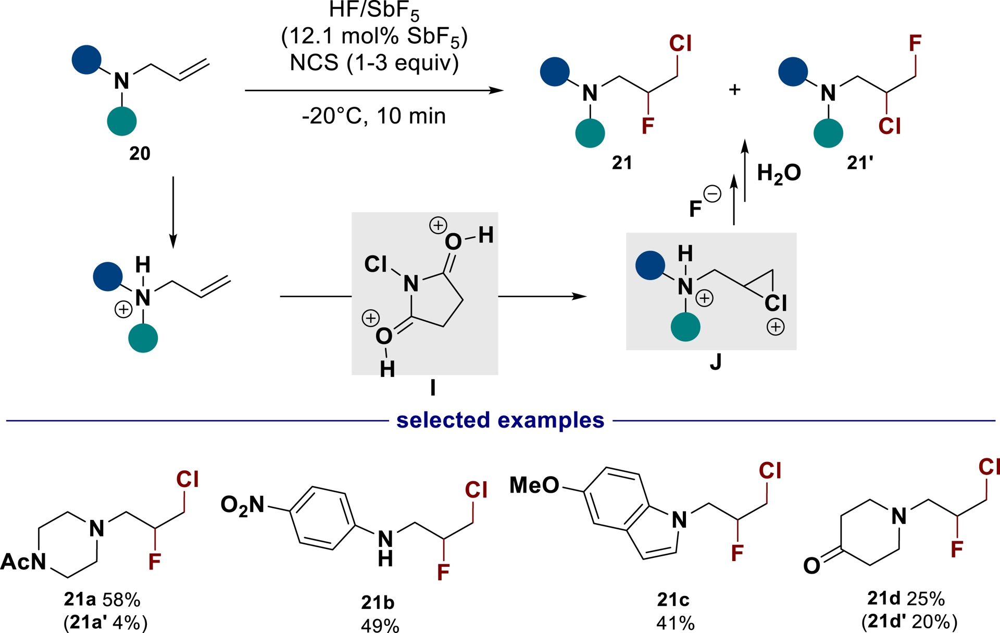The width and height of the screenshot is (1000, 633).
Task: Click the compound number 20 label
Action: [x=140, y=153]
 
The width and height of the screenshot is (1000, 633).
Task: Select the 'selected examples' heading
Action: [x=500, y=420]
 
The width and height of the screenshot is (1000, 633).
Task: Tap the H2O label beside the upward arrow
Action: [x=778, y=174]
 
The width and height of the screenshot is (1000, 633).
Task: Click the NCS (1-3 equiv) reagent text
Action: [x=374, y=63]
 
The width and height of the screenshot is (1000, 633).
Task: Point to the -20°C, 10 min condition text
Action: [x=374, y=116]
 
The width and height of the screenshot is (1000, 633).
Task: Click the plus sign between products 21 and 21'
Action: [x=734, y=90]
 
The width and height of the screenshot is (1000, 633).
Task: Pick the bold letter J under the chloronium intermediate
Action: [x=716, y=362]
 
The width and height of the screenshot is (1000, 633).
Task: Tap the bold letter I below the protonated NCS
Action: [x=432, y=387]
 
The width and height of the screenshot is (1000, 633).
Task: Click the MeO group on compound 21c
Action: [x=534, y=485]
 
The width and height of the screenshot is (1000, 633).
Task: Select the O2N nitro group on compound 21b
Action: [x=242, y=505]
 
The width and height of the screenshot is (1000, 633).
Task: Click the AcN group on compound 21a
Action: [x=23, y=562]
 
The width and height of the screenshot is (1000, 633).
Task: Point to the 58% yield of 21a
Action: [x=121, y=600]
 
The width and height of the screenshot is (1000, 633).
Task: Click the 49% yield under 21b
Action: [x=380, y=625]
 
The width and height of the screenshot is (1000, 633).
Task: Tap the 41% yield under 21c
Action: [x=675, y=623]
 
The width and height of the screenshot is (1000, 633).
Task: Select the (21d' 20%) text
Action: [x=909, y=622]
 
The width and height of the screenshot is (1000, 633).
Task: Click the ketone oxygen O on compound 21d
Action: [x=811, y=565]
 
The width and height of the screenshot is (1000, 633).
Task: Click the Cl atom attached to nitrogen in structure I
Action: [x=375, y=264]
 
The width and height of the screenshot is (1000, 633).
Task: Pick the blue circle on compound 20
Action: [x=86, y=59]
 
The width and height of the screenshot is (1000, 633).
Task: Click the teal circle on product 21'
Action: [x=828, y=133]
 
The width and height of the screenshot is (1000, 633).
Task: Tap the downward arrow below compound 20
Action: [x=173, y=214]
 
